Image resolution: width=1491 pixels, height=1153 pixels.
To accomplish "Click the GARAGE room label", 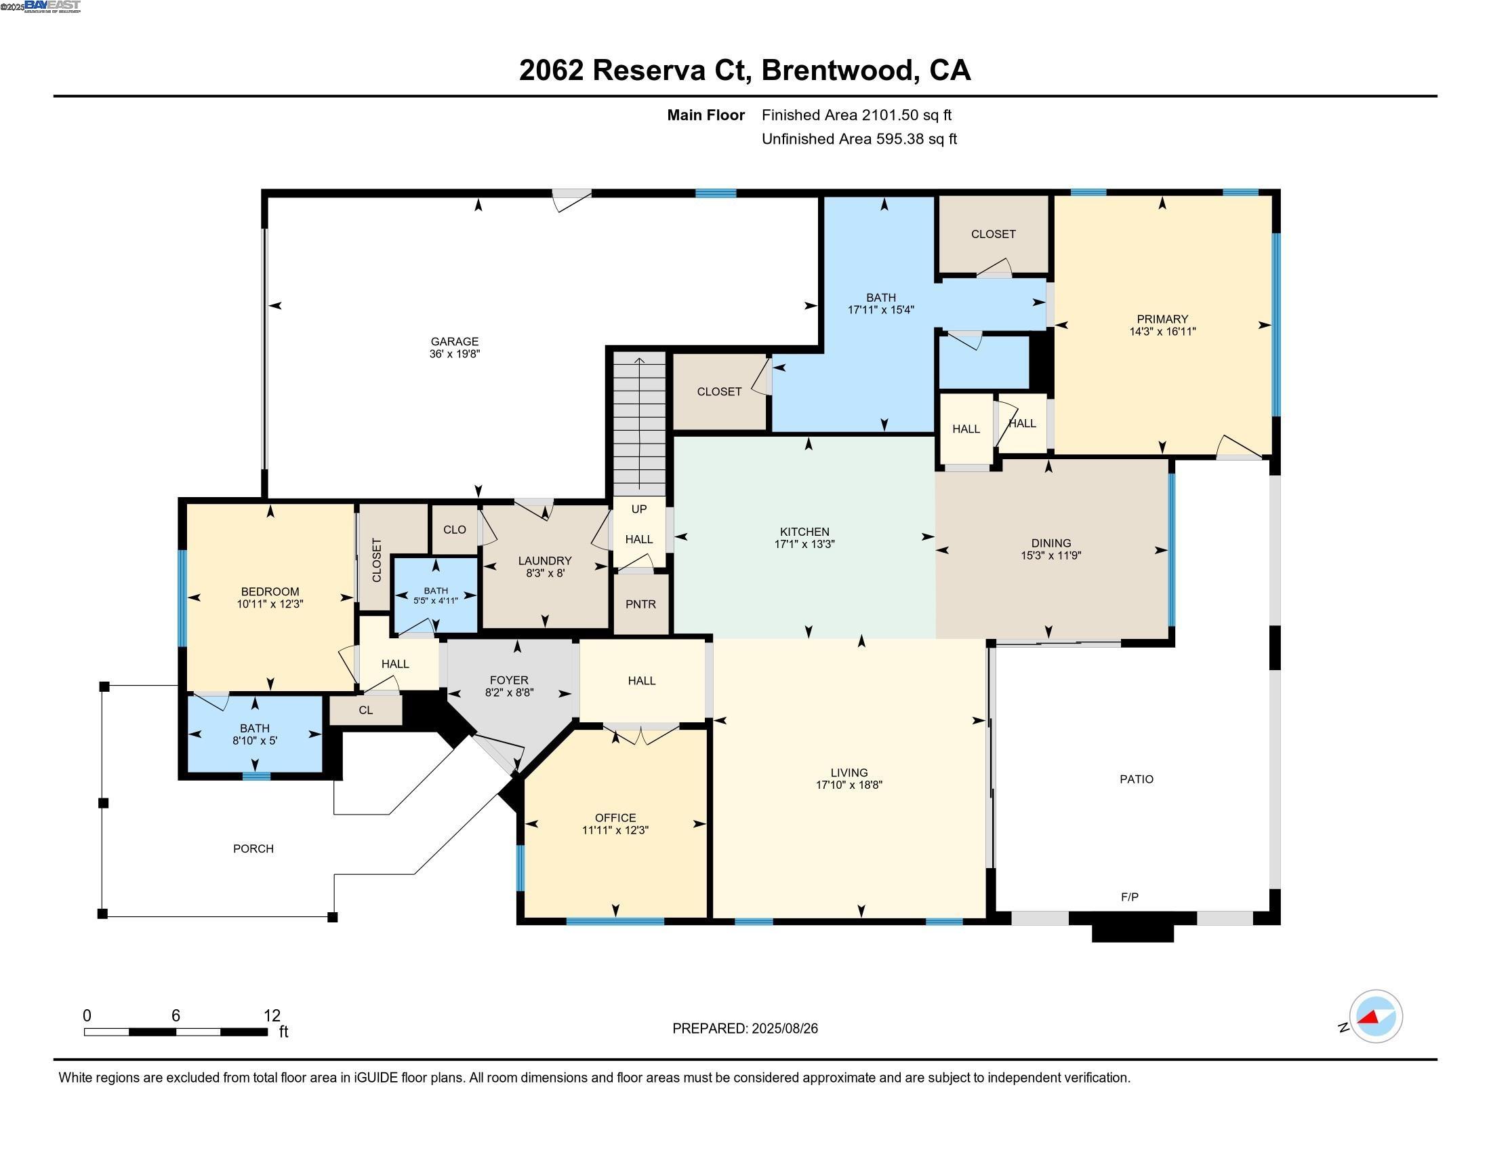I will point(454,342).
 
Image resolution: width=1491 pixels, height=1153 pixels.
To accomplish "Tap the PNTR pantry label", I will point(640,604).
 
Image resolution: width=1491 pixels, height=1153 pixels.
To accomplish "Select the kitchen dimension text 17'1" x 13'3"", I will point(804,545).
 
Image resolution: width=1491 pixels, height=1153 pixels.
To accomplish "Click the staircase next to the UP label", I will point(639,423).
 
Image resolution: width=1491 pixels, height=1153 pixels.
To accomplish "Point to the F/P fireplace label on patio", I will point(1129,897).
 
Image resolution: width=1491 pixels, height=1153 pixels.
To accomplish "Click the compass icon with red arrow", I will point(1375,1017).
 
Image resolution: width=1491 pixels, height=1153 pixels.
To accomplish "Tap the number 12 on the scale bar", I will point(272,1016).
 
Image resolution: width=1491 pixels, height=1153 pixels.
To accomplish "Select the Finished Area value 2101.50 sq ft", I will point(906,115).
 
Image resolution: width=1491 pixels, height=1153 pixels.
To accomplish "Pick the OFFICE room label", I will point(615,818).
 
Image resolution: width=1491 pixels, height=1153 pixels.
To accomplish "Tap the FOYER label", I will point(508,680).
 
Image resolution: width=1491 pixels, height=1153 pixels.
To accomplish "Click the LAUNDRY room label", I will point(544,561).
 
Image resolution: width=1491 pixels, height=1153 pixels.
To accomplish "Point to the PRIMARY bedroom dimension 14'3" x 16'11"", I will point(1162,332).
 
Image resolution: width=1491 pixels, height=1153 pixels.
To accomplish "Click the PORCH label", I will point(253,848).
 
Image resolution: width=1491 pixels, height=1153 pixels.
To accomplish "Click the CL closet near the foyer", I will point(365,710).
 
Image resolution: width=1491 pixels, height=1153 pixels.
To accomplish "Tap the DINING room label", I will point(1050,544).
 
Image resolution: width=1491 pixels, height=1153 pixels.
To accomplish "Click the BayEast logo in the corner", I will point(52,7).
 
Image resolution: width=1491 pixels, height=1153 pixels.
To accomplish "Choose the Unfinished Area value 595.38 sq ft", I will point(915,139).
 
